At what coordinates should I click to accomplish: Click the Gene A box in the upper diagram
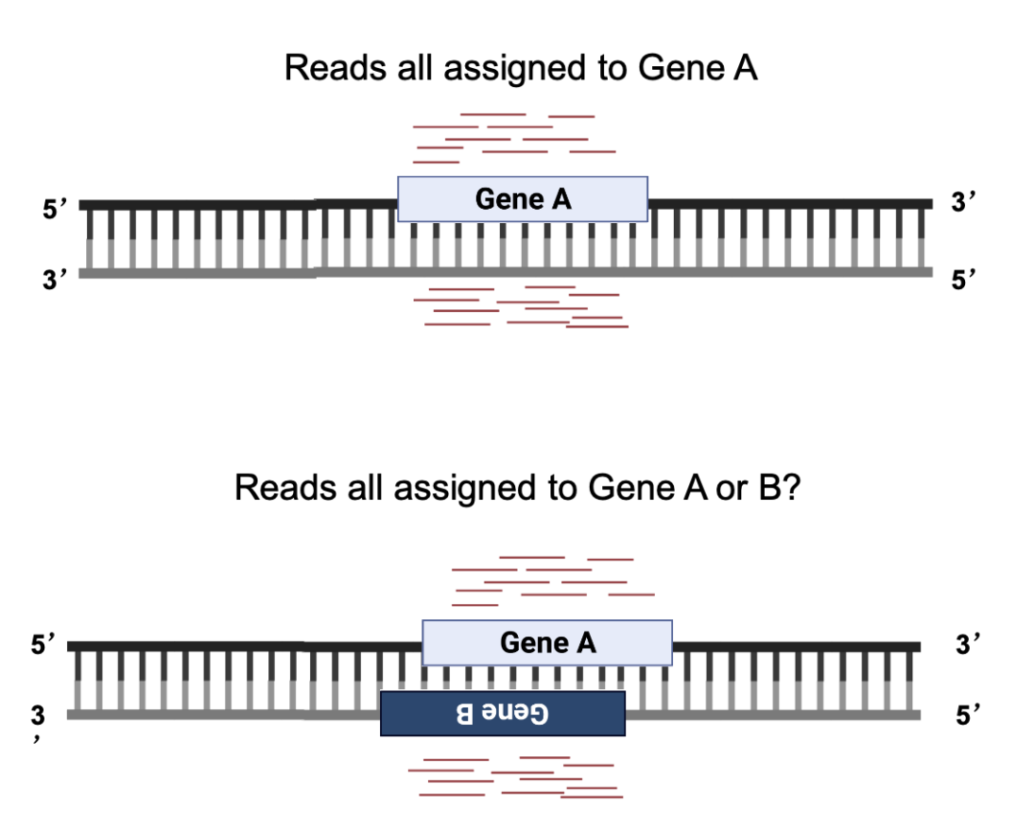(523, 199)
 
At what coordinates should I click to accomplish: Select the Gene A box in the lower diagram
(547, 642)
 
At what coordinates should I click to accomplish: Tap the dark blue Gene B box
(503, 713)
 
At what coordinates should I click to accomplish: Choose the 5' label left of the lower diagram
(43, 644)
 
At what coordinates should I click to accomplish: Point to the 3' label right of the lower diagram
(968, 644)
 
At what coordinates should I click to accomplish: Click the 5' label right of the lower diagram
(968, 715)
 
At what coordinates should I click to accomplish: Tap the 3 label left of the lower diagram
(37, 715)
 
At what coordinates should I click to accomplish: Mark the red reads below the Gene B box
(513, 776)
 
